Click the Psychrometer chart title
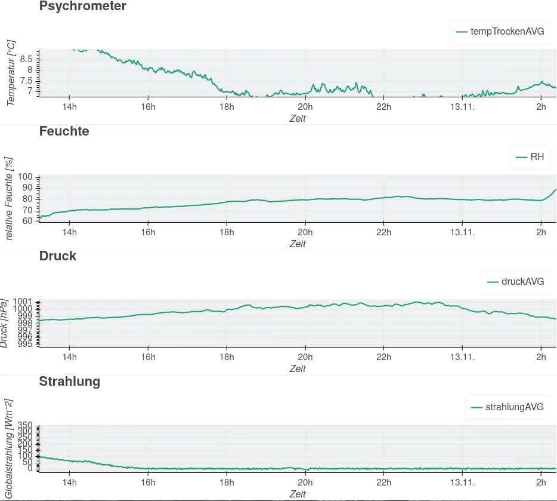tap(82, 7)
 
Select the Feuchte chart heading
tap(64, 131)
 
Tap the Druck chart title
tap(57, 256)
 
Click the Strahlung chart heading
tap(69, 381)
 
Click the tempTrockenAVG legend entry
tap(500, 32)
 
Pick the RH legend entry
tap(530, 157)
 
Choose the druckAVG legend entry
tap(515, 282)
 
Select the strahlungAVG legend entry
tap(508, 407)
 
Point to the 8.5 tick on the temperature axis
tap(26, 59)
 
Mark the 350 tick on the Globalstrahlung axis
tap(25, 425)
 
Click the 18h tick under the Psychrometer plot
tap(227, 107)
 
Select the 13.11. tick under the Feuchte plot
tap(462, 232)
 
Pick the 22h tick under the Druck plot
tap(383, 357)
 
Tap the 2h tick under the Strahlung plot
tap(540, 482)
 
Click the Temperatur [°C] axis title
tap(11, 73)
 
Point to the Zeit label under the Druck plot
tap(297, 368)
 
